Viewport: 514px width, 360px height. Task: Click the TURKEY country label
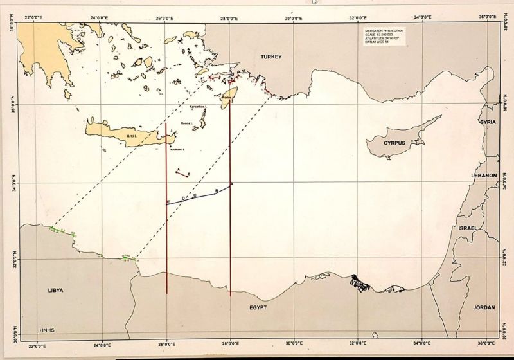coord(272,57)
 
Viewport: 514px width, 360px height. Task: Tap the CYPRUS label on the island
coord(394,143)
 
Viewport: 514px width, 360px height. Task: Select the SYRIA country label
coord(489,122)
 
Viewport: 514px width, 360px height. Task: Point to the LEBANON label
coord(484,175)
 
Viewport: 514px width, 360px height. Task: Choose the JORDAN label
coord(484,307)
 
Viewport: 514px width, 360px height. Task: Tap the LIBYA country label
coord(56,290)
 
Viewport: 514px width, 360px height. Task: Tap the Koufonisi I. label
coord(177,149)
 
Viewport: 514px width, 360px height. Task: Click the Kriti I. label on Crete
coord(132,136)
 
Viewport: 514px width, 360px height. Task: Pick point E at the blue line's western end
coord(168,203)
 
